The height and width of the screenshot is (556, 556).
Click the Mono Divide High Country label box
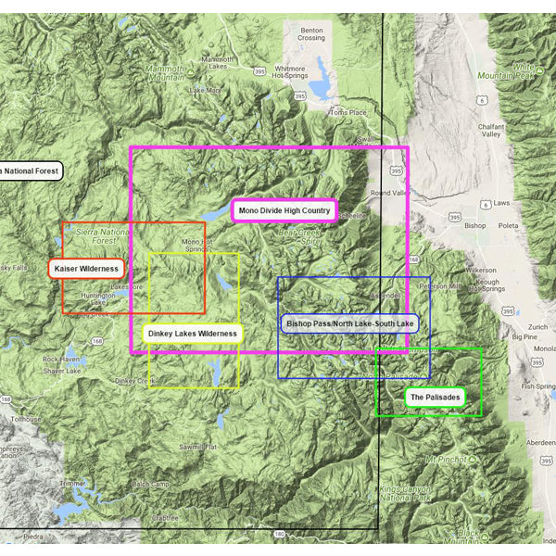[x=284, y=211]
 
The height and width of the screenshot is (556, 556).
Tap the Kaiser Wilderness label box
[x=86, y=269]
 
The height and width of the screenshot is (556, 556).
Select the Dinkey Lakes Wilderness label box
[x=193, y=333]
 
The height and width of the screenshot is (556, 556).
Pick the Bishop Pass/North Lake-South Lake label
[x=350, y=323]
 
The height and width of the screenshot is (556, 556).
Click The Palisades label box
[x=433, y=398]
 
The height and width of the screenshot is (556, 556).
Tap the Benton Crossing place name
[x=311, y=33]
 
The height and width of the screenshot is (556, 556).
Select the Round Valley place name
[x=389, y=193]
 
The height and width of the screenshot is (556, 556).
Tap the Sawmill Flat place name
[x=198, y=447]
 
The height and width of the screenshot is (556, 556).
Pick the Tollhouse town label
[x=27, y=419]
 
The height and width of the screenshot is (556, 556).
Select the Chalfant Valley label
[x=490, y=129]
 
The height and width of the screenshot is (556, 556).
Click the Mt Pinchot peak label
[x=445, y=459]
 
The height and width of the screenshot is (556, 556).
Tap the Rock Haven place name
[x=62, y=359]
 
